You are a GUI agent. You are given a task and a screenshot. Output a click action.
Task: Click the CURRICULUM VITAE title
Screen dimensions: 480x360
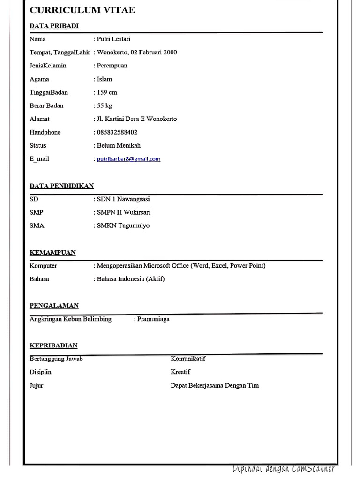(82, 9)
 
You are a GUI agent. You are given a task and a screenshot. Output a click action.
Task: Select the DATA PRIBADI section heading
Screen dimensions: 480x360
(54, 26)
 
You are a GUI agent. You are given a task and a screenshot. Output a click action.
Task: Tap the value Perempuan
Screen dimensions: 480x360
(112, 66)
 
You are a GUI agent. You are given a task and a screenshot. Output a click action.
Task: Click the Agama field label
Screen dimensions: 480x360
(39, 79)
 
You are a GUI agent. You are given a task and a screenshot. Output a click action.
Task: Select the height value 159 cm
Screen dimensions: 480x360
(107, 92)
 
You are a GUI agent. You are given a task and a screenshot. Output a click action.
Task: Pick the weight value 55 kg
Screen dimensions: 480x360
(105, 105)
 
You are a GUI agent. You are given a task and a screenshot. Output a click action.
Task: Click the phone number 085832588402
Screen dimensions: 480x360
(117, 132)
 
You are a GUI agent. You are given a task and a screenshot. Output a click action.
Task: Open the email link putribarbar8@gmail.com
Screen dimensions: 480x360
(128, 159)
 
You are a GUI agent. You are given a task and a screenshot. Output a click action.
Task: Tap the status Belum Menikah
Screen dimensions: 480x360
(119, 145)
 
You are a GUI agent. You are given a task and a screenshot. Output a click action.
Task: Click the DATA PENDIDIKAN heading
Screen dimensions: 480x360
(62, 186)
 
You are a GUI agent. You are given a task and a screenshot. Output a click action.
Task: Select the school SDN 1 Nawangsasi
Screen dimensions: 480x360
(124, 199)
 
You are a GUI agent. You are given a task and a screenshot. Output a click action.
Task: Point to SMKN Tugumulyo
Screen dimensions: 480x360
(123, 225)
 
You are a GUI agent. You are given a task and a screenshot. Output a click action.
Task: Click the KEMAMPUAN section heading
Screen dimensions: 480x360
(53, 252)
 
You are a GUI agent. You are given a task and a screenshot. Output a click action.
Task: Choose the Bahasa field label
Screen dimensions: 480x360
(39, 279)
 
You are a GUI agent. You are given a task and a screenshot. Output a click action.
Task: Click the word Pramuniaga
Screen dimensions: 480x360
(154, 319)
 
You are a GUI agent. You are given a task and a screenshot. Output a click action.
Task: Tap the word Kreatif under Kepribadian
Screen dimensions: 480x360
(180, 372)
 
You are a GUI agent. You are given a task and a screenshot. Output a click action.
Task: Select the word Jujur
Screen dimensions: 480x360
(37, 385)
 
